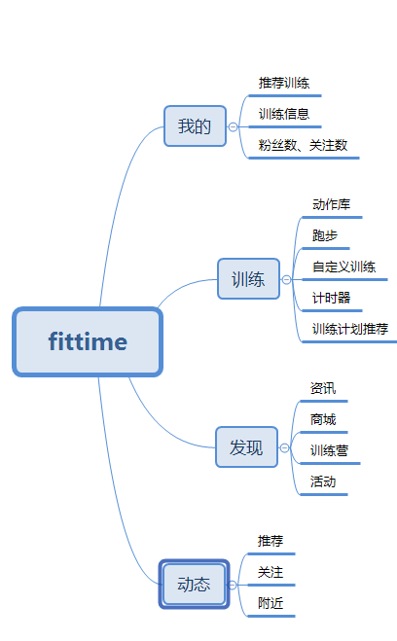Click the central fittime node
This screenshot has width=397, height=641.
click(x=88, y=341)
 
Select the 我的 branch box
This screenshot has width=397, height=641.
click(x=195, y=125)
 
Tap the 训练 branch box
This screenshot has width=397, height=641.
click(x=248, y=279)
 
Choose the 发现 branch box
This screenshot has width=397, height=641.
click(x=246, y=446)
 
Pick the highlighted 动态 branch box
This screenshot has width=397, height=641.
click(x=194, y=585)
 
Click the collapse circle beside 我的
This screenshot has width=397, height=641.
click(x=233, y=126)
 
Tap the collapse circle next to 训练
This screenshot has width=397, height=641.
click(x=286, y=279)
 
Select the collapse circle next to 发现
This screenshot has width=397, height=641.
click(x=284, y=448)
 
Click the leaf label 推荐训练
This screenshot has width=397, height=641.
click(x=284, y=83)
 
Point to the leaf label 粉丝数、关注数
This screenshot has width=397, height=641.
click(x=303, y=145)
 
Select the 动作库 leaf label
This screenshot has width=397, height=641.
click(x=331, y=204)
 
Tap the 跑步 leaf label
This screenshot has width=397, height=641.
click(x=325, y=235)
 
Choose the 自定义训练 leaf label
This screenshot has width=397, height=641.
click(x=343, y=267)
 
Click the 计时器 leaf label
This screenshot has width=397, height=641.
click(x=331, y=298)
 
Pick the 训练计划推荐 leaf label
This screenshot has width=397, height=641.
click(x=350, y=329)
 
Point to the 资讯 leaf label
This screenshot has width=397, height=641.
click(x=323, y=388)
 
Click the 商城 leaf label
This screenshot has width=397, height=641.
click(x=323, y=419)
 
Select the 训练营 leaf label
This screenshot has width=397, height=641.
click(x=329, y=450)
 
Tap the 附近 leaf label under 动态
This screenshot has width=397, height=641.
click(x=271, y=603)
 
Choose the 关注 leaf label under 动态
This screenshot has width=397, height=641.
click(x=271, y=572)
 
